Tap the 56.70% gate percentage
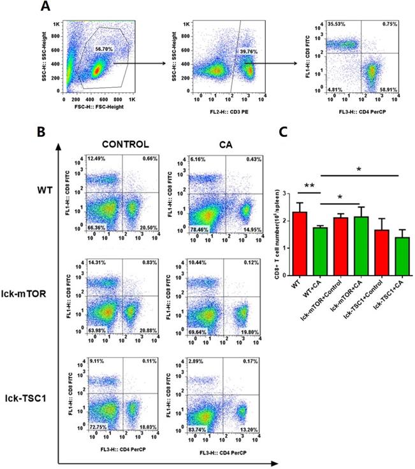(104, 48)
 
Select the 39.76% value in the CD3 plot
(247, 51)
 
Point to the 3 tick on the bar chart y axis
(286, 193)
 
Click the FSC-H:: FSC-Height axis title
(99, 108)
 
